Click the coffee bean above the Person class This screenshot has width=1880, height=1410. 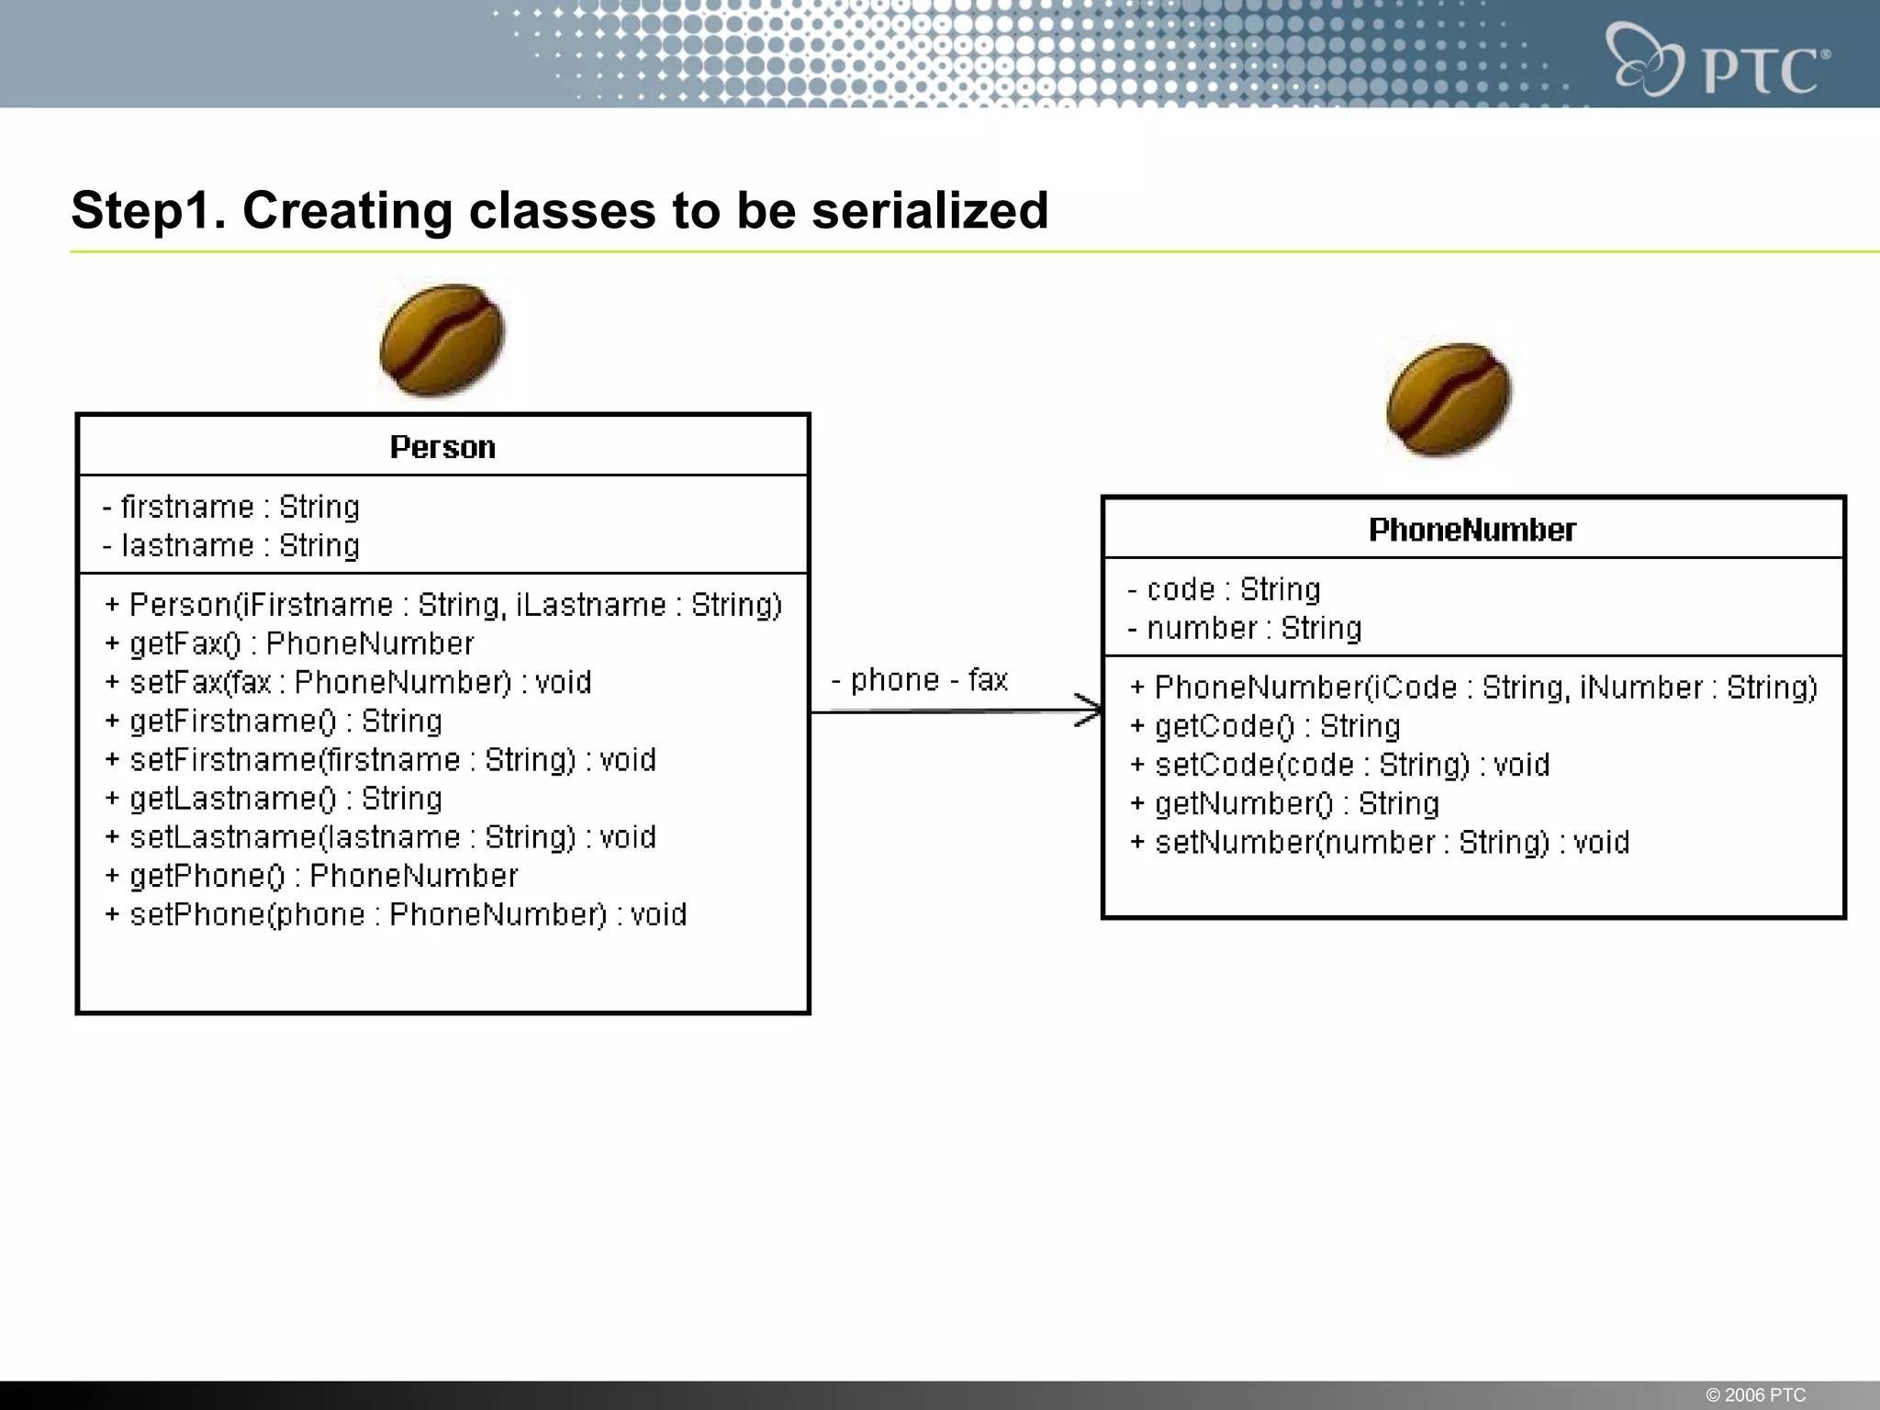click(x=442, y=341)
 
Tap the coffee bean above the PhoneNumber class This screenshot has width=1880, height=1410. click(x=1449, y=399)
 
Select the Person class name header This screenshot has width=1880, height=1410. click(x=442, y=447)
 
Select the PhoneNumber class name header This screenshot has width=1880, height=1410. click(x=1472, y=530)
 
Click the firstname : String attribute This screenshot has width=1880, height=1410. click(x=231, y=507)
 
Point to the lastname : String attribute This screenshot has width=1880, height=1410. click(x=231, y=545)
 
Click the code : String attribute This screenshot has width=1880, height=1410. click(x=1225, y=589)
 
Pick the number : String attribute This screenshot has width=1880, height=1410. click(x=1245, y=628)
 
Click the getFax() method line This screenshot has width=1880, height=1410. click(x=290, y=643)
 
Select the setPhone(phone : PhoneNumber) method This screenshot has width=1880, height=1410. click(x=396, y=914)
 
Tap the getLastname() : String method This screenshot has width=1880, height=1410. click(x=274, y=799)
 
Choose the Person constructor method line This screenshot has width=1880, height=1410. click(x=443, y=605)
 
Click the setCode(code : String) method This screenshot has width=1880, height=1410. click(x=1340, y=765)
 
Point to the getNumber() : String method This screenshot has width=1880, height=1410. click(x=1285, y=803)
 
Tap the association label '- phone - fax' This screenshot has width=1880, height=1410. click(x=920, y=680)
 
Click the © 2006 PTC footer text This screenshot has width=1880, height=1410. click(x=1755, y=1394)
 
